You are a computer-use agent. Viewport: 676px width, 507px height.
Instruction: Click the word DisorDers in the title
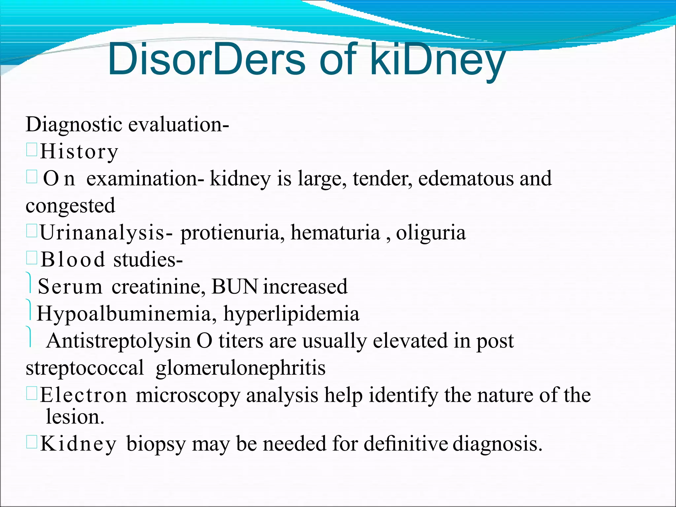click(x=206, y=59)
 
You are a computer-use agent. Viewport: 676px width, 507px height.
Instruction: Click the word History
click(x=79, y=152)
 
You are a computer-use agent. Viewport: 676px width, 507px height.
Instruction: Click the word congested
click(x=71, y=206)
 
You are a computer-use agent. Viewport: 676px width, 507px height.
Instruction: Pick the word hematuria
click(x=335, y=232)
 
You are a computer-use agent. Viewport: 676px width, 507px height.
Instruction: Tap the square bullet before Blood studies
click(x=32, y=257)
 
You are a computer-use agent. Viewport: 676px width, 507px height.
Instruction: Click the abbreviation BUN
click(x=235, y=286)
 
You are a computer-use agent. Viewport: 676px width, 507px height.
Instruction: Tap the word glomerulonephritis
click(x=241, y=368)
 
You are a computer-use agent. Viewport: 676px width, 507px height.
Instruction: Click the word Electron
click(x=84, y=395)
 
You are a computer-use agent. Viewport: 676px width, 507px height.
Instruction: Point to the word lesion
click(x=75, y=417)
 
